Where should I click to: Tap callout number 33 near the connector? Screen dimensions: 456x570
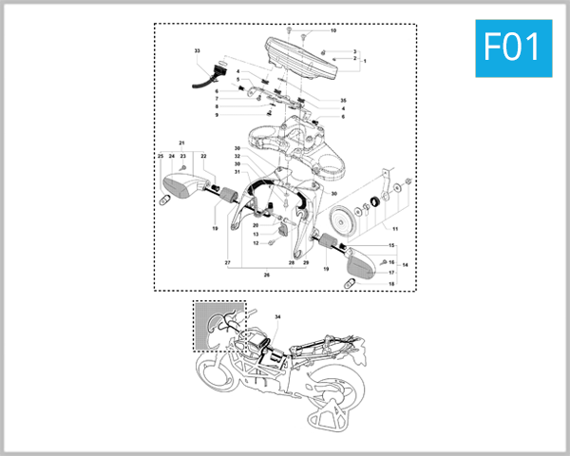pos(197,49)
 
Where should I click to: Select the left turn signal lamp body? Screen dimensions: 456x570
pos(180,180)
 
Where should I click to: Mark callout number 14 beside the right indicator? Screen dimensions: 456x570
pos(406,264)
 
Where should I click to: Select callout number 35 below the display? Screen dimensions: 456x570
pos(343,100)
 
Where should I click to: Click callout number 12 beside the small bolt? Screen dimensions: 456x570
pos(256,243)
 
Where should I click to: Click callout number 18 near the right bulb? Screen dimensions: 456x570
pos(390,284)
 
